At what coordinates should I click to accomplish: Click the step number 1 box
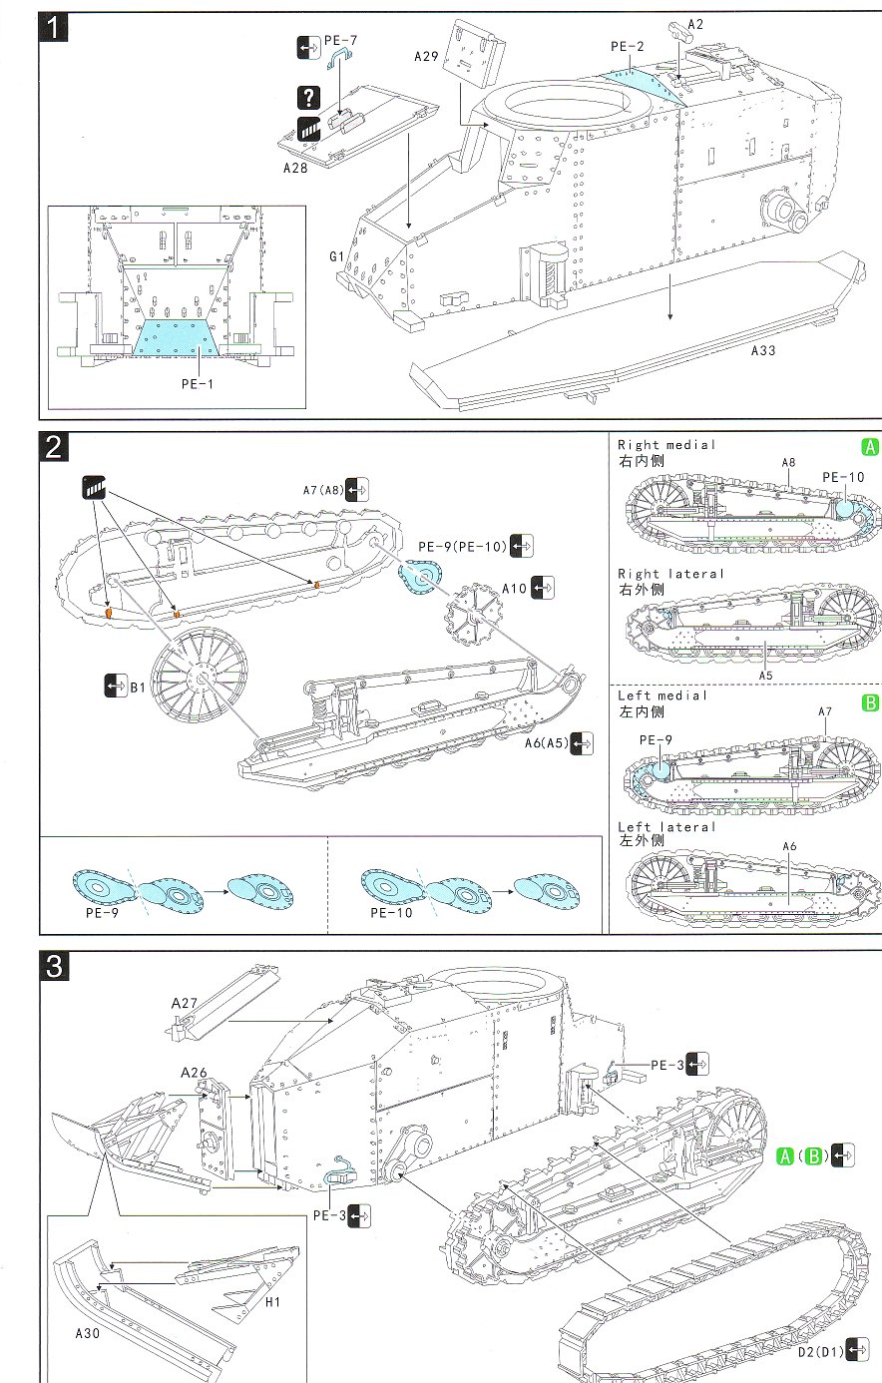point(52,30)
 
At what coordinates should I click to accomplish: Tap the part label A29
point(426,57)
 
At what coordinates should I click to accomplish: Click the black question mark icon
point(309,97)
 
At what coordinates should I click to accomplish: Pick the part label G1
point(337,256)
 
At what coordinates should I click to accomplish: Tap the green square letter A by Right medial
point(870,448)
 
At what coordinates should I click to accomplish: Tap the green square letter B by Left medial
point(870,703)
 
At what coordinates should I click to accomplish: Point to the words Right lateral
point(670,574)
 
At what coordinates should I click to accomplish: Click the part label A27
point(186,1002)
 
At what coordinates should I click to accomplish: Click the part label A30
point(89,1333)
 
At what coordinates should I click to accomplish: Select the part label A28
point(296,168)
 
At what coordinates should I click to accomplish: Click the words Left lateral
point(666,826)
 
